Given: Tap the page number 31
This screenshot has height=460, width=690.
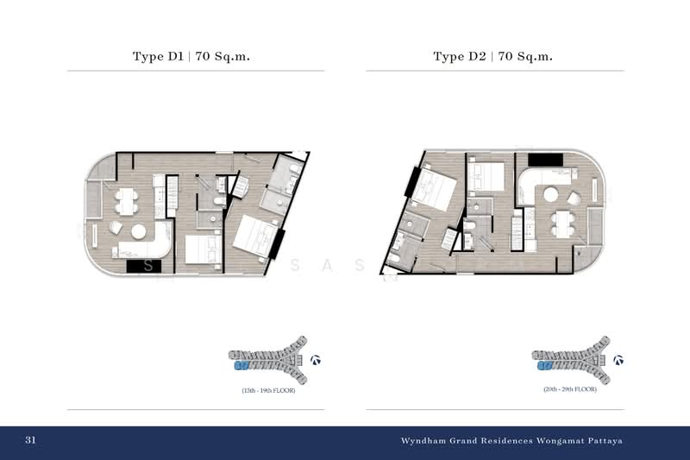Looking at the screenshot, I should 30,440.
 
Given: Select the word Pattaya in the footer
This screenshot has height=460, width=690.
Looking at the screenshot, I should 603,440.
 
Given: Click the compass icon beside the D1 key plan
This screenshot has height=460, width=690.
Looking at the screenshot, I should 316,360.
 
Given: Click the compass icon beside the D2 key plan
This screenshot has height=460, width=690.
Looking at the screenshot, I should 618,360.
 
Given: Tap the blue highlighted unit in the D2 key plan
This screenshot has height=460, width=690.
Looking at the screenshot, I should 544,366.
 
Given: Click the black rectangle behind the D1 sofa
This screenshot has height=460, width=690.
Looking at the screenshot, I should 140,267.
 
